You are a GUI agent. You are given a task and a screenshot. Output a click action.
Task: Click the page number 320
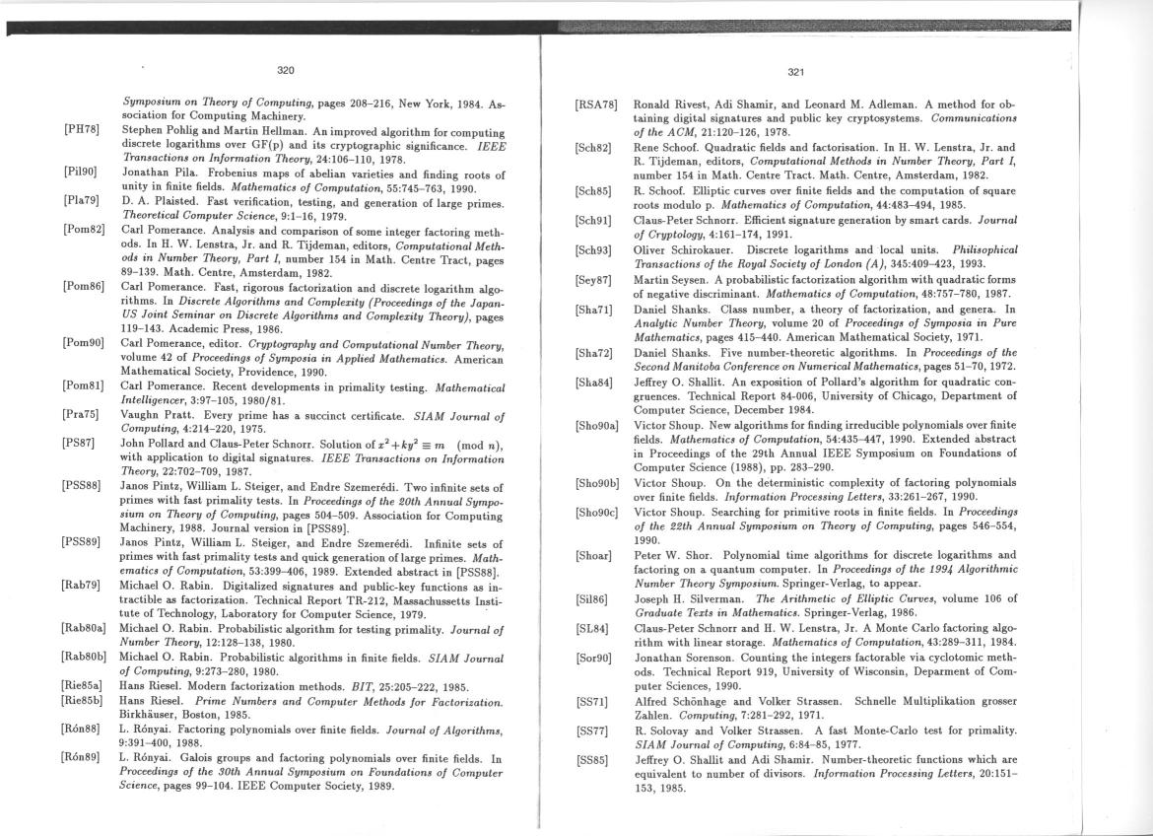[x=285, y=70]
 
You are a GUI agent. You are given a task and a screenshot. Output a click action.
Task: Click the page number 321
[x=797, y=71]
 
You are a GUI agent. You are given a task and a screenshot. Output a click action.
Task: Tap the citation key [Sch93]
[x=593, y=250]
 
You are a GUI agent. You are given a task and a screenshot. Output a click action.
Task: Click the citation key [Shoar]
[x=592, y=555]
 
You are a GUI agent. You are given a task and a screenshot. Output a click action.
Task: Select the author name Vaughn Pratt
[x=153, y=418]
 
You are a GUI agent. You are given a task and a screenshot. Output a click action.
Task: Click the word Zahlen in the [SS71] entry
[x=649, y=717]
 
